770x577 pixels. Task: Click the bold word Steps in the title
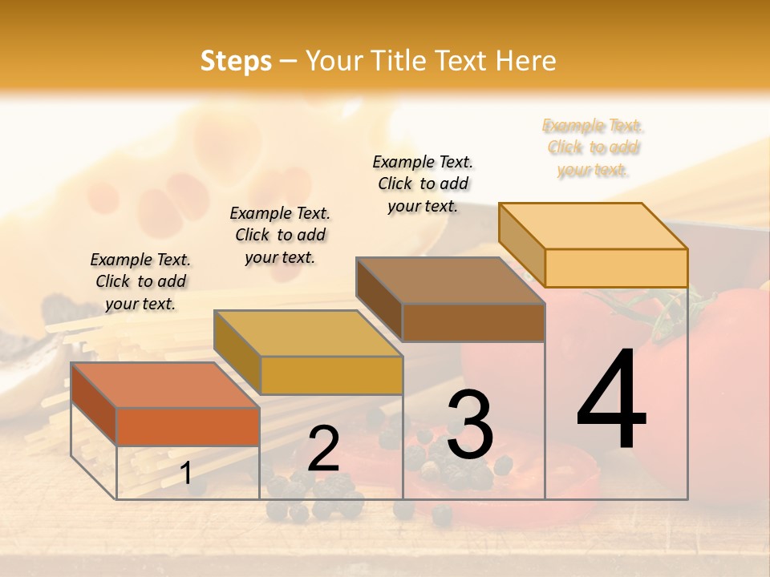point(236,61)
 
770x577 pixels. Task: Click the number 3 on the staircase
point(470,425)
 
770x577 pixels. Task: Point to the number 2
point(323,449)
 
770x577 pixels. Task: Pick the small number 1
point(186,474)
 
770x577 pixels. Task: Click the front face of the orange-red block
point(188,426)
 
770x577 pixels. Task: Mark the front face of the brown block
point(473,322)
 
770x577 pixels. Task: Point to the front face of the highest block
point(616,268)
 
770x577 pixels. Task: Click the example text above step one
point(140,281)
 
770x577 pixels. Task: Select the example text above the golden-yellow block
point(280,235)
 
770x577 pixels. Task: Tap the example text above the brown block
point(423,184)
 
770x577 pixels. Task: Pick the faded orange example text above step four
point(594,147)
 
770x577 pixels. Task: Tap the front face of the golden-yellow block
point(330,375)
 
